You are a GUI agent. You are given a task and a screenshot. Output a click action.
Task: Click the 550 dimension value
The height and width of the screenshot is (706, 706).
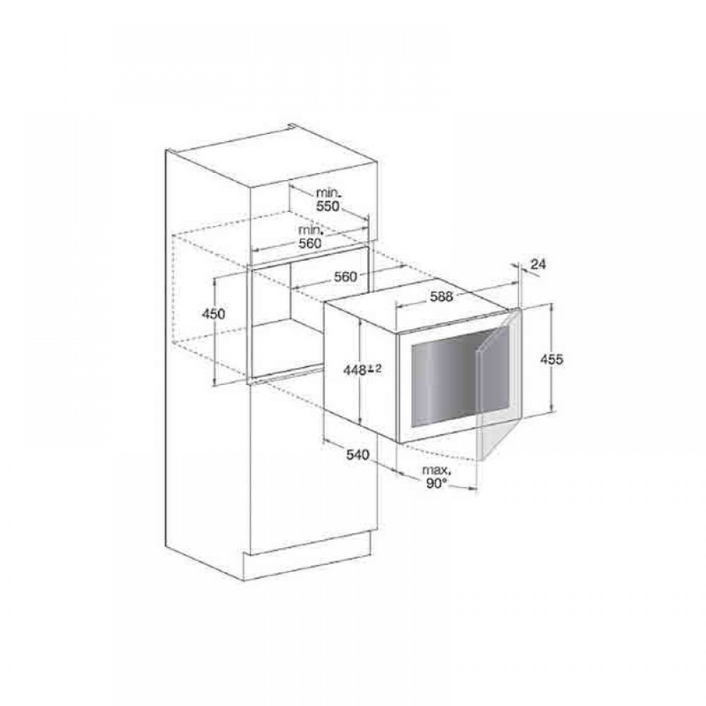tap(328, 206)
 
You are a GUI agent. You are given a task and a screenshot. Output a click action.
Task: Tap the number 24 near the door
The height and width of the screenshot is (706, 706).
tap(537, 264)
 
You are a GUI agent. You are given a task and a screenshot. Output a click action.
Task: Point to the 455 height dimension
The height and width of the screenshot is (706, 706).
tap(551, 359)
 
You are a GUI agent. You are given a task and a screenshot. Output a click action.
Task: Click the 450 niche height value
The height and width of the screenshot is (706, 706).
tap(213, 313)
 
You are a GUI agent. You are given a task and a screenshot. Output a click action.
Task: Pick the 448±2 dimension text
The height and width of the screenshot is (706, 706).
tap(362, 370)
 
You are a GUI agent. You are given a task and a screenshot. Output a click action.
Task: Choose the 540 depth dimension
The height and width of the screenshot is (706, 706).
tap(357, 455)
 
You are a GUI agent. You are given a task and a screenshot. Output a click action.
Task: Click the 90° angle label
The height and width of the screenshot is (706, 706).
tap(435, 484)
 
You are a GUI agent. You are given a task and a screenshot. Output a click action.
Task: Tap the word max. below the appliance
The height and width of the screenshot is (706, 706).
tap(436, 470)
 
